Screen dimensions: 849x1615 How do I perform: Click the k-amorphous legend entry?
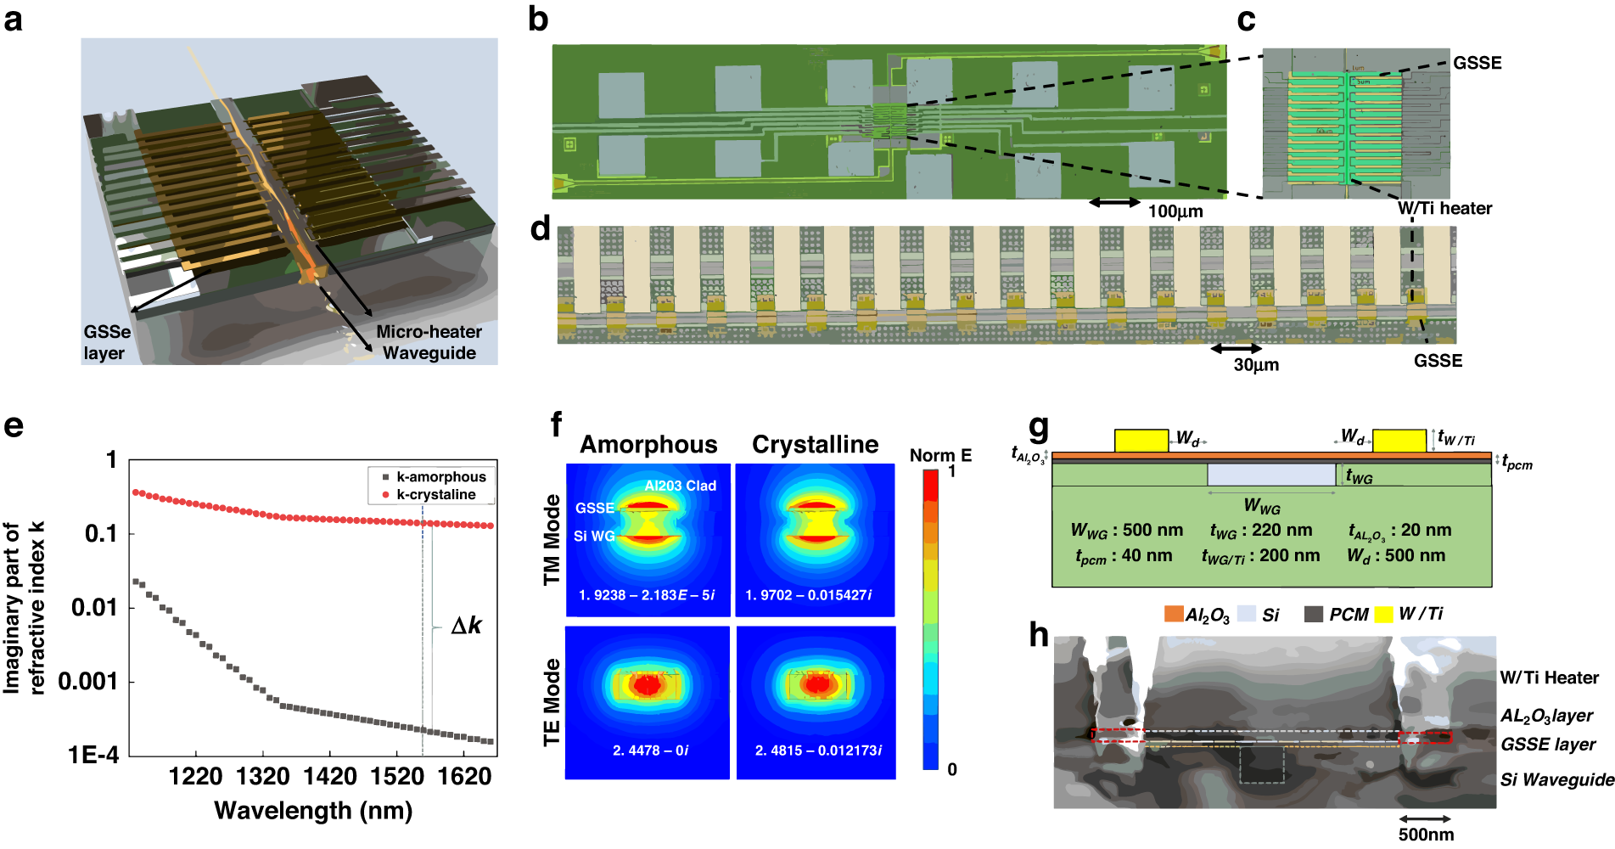coord(440,477)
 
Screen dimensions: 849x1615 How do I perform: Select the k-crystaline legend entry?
coord(435,494)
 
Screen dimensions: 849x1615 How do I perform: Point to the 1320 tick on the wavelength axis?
coord(263,776)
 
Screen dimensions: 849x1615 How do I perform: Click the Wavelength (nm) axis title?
coord(313,811)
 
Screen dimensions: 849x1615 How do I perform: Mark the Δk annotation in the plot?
coord(466,626)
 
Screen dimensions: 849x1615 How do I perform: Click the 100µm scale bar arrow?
coord(1114,202)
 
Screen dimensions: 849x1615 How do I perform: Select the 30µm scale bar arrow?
coord(1236,348)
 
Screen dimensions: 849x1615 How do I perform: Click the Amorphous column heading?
coord(648,445)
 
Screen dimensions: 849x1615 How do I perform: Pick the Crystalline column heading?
coord(815,445)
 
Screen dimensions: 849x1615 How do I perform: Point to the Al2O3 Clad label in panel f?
coord(680,486)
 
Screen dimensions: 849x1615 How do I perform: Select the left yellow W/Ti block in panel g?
coord(1141,441)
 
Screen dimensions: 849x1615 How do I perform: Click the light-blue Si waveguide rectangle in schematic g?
coord(1270,475)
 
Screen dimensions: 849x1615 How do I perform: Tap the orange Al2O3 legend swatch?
coord(1174,614)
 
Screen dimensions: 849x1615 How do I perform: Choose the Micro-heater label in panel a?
coord(429,332)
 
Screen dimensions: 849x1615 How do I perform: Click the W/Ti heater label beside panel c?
coord(1444,208)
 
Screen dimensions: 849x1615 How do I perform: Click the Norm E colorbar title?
coord(940,456)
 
